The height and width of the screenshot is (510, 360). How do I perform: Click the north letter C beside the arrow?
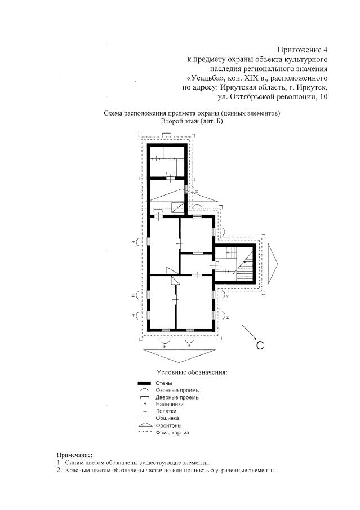click(260, 345)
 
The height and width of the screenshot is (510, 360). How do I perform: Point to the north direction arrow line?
click(249, 332)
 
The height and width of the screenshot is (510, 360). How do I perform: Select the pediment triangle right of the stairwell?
click(273, 264)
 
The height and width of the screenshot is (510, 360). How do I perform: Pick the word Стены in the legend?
click(163, 383)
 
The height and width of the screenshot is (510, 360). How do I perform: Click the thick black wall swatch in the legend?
click(144, 383)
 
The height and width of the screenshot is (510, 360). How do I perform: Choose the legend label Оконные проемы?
click(177, 391)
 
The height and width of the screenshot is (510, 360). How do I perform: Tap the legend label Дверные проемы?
click(177, 397)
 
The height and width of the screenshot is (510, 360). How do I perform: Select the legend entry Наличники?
click(170, 404)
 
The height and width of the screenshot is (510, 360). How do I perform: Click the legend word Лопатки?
click(166, 411)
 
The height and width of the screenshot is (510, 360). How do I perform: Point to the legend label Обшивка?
click(167, 418)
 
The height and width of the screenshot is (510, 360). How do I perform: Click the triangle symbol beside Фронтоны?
click(144, 425)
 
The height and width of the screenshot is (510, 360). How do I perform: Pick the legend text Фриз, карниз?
click(172, 433)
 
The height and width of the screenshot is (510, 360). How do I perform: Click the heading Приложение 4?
click(302, 50)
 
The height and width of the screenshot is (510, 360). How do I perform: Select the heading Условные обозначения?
click(192, 372)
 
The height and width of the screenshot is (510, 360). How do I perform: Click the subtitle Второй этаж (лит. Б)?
click(192, 121)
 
